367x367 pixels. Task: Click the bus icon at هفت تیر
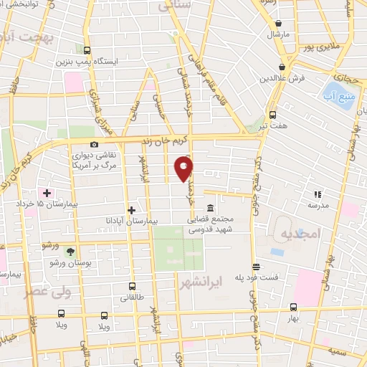(x=272, y=115)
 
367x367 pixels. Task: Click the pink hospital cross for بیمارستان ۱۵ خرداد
(x=47, y=192)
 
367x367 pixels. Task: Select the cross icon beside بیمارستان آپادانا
(x=131, y=210)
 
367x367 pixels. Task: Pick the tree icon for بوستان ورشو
(x=70, y=250)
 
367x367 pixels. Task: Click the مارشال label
(x=277, y=34)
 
